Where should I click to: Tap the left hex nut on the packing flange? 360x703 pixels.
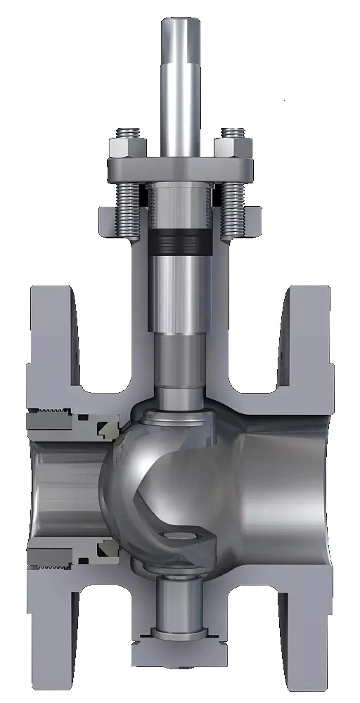(127, 147)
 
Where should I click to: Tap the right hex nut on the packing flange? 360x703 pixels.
(233, 147)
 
